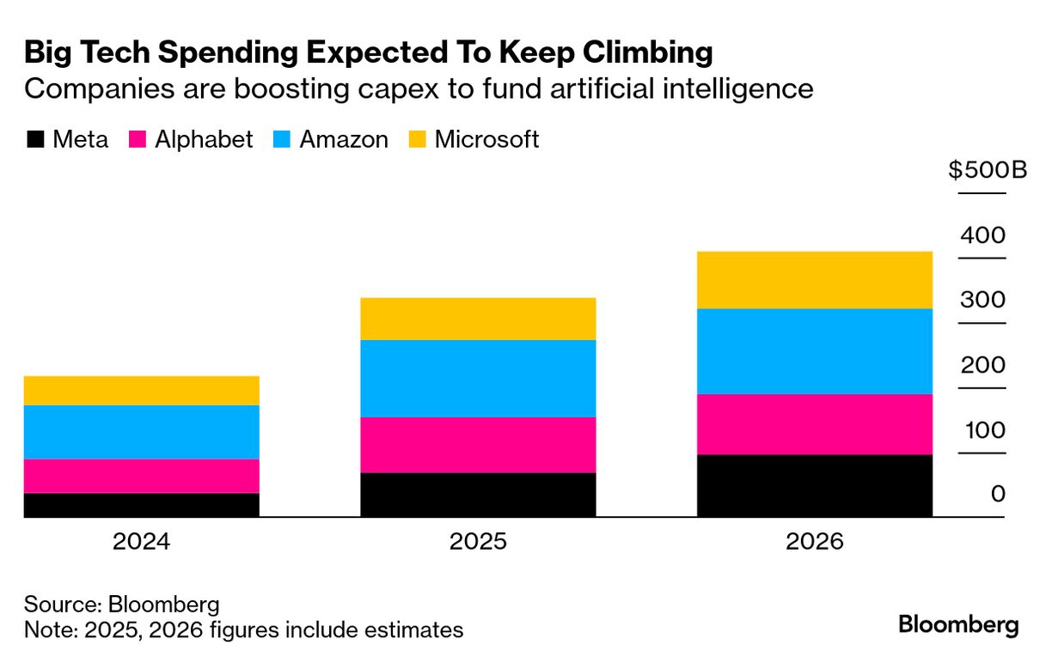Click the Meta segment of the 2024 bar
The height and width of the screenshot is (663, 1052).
[141, 505]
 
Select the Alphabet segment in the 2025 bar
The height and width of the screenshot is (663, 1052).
[478, 445]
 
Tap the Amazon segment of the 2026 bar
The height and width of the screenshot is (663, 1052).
[814, 351]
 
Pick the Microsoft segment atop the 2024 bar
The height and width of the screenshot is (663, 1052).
[141, 391]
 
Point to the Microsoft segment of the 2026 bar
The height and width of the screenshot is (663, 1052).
[814, 280]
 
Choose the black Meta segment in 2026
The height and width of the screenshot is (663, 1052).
[814, 485]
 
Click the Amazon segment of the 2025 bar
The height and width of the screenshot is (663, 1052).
[478, 379]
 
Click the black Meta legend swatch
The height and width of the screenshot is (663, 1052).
[35, 140]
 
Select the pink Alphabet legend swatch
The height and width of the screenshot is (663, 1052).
[138, 140]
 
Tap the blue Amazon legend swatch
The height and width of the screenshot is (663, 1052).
[282, 140]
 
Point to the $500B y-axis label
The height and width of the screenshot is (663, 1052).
[988, 170]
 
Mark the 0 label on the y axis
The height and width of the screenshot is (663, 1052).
[998, 494]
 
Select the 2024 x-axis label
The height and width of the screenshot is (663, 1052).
[141, 542]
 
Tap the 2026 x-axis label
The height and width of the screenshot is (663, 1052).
[814, 542]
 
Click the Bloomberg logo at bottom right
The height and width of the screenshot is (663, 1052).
[958, 625]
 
